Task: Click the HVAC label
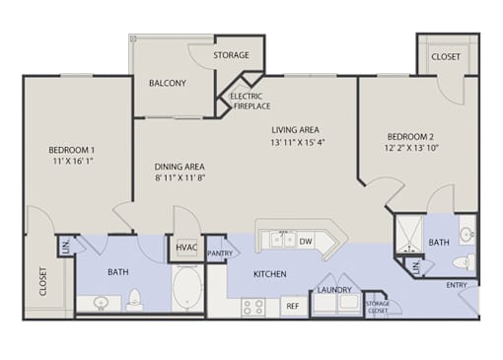pos(186,248)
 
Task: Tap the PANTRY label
pos(220,253)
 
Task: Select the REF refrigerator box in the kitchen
pos(294,306)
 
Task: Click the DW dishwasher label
pos(306,242)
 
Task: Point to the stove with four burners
pos(253,308)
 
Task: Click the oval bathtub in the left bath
pos(186,288)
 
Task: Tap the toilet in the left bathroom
pos(134,301)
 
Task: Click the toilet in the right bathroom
pos(464,262)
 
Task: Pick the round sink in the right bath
pos(467,235)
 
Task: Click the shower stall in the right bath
pos(409,235)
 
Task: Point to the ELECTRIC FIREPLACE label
pos(250,102)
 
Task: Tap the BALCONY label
pos(168,83)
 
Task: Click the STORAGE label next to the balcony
pos(231,55)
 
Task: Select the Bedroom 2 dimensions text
pos(411,148)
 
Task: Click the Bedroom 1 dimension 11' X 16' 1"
pos(72,161)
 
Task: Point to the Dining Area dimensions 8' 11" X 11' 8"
pos(180,178)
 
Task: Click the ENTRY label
pos(457,285)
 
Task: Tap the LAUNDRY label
pos(334,290)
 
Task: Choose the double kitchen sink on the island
pos(282,239)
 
